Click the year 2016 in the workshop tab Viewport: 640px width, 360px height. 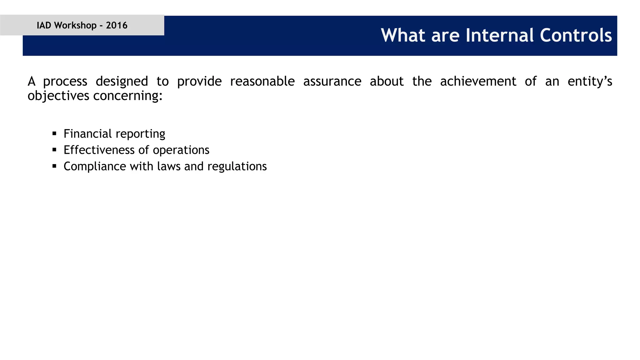(117, 25)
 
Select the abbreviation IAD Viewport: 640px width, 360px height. (44, 25)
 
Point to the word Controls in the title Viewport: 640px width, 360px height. (576, 35)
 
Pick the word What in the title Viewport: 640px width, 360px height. (403, 35)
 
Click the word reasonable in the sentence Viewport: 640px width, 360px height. (262, 81)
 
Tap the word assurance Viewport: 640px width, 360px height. (332, 81)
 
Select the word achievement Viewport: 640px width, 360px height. (478, 81)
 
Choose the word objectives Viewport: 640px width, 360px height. (58, 96)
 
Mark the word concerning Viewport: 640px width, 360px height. (128, 96)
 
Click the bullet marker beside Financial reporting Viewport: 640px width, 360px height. (54, 134)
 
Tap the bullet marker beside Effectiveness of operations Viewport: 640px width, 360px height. (54, 150)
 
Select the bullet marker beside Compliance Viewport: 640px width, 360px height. (54, 166)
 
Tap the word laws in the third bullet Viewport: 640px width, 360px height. (169, 166)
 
